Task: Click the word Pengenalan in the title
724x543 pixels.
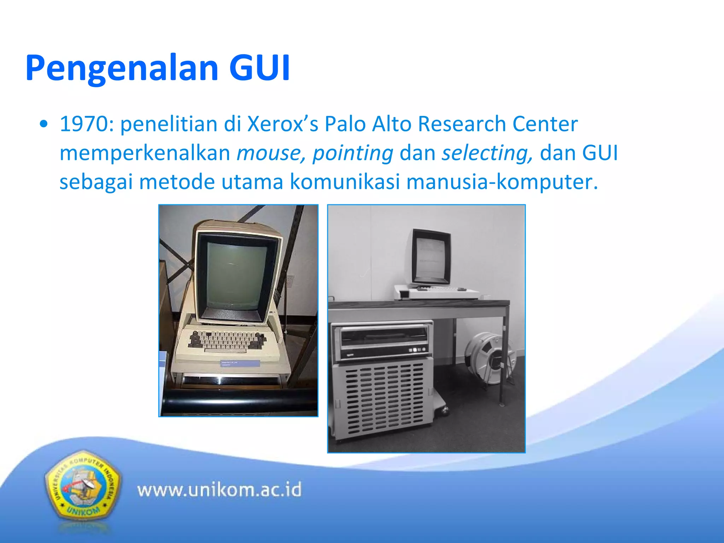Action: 122,68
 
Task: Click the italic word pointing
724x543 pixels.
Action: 352,153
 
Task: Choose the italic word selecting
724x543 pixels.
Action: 486,153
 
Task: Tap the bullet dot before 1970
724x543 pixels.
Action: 43,124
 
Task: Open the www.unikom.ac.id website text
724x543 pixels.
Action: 219,490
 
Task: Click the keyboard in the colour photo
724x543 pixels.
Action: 226,341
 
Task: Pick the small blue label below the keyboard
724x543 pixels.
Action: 240,363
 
